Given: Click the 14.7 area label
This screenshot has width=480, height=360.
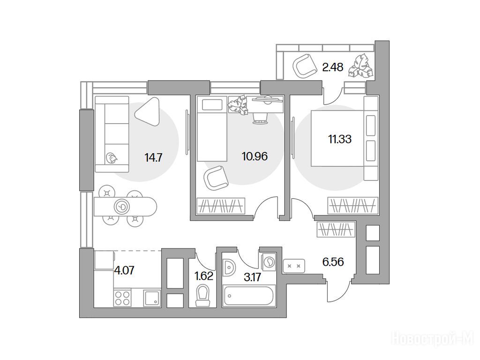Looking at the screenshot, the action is (x=153, y=158).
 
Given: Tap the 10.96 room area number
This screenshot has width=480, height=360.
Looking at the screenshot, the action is (x=255, y=157).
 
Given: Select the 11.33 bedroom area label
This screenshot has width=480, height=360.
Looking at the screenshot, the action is (x=340, y=139).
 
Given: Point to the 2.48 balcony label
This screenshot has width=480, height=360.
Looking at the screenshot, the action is (x=333, y=67).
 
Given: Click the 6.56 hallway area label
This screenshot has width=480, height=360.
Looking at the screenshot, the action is (x=333, y=262).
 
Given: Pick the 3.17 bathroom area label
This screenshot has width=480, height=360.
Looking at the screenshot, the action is (x=253, y=277).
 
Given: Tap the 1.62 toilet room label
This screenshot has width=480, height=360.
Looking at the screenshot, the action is (x=204, y=276).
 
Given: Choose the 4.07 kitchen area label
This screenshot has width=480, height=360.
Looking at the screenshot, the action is (x=124, y=270).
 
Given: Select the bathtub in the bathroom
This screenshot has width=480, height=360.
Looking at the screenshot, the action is (x=248, y=295).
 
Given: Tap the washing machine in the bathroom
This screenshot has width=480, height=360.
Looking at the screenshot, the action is (x=269, y=262).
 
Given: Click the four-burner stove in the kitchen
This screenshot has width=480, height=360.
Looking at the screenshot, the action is (x=122, y=298).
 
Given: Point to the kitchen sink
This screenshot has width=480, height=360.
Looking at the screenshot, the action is (x=152, y=298).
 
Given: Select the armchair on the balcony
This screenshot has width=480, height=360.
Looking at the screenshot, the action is (x=305, y=65).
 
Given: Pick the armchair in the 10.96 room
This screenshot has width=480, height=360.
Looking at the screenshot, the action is (x=217, y=178).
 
